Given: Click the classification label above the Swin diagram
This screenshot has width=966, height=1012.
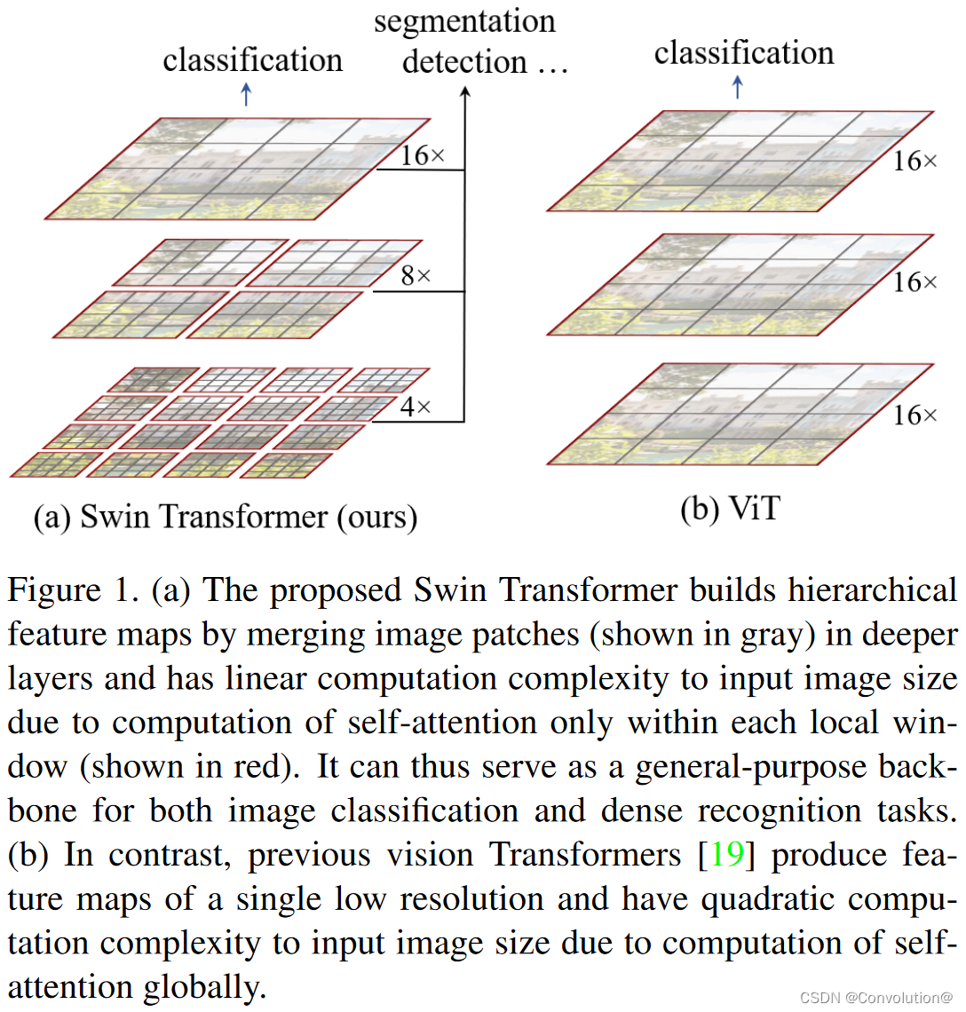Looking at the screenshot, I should tap(252, 60).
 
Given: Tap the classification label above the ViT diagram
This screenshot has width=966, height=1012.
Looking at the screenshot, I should tap(744, 53).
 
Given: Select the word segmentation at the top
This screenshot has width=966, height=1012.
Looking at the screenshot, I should tap(464, 21).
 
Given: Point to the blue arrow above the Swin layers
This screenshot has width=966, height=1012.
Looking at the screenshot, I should tap(247, 93).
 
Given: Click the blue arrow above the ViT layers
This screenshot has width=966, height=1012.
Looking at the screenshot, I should tap(737, 87).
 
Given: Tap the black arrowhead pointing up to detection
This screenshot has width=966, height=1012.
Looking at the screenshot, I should tap(464, 92).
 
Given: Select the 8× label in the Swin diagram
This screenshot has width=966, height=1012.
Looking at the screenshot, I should tap(416, 276).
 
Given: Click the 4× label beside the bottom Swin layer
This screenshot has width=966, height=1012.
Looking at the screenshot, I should tap(416, 407).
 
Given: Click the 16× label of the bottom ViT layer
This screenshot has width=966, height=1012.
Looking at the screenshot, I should tap(915, 415).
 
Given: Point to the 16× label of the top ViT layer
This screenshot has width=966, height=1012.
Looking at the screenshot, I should tap(915, 161).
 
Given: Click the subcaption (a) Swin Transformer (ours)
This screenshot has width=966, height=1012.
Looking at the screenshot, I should tap(226, 517).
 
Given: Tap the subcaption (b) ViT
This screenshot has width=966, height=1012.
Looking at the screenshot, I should tap(730, 510).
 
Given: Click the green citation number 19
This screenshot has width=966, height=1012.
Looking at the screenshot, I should tap(726, 855).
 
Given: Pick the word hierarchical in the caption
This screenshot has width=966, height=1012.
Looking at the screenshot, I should tap(873, 590).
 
